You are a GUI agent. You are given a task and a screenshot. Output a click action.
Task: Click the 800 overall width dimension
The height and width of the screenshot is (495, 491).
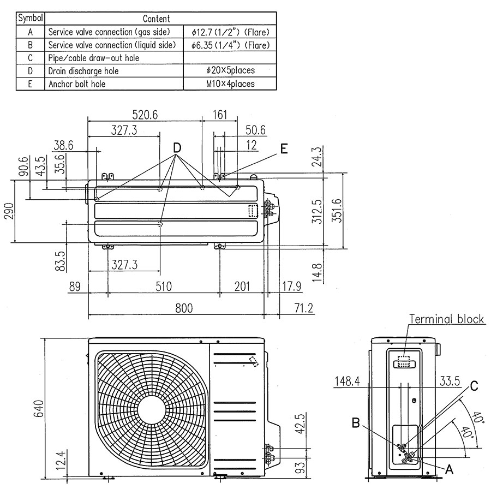tap(184, 308)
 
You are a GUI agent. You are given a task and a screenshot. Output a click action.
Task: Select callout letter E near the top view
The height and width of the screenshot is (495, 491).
tap(284, 148)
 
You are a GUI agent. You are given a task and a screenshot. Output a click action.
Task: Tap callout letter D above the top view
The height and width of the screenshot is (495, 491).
tap(177, 148)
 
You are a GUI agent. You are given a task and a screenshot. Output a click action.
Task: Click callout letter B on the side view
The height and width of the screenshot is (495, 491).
tap(356, 423)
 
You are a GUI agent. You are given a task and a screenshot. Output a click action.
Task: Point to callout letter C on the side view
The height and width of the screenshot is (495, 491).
tap(474, 386)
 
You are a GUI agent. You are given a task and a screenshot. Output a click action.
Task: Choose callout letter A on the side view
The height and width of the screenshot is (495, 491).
tap(449, 469)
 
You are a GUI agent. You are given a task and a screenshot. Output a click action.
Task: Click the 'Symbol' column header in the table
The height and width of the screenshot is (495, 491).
tap(30, 19)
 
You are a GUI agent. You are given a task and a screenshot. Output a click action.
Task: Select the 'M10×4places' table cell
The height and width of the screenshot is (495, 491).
tap(230, 84)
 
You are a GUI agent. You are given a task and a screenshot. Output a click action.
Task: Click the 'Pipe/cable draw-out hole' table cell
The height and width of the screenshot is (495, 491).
tap(94, 58)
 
